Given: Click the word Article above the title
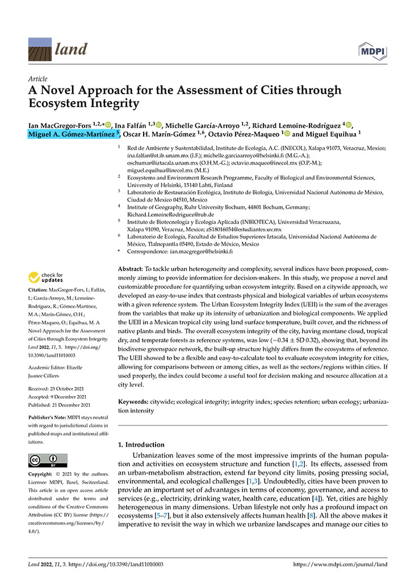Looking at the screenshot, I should click(x=37, y=79).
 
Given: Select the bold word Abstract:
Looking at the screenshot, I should click(x=131, y=268).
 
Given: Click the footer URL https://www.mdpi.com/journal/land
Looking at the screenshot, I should click(x=340, y=565).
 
